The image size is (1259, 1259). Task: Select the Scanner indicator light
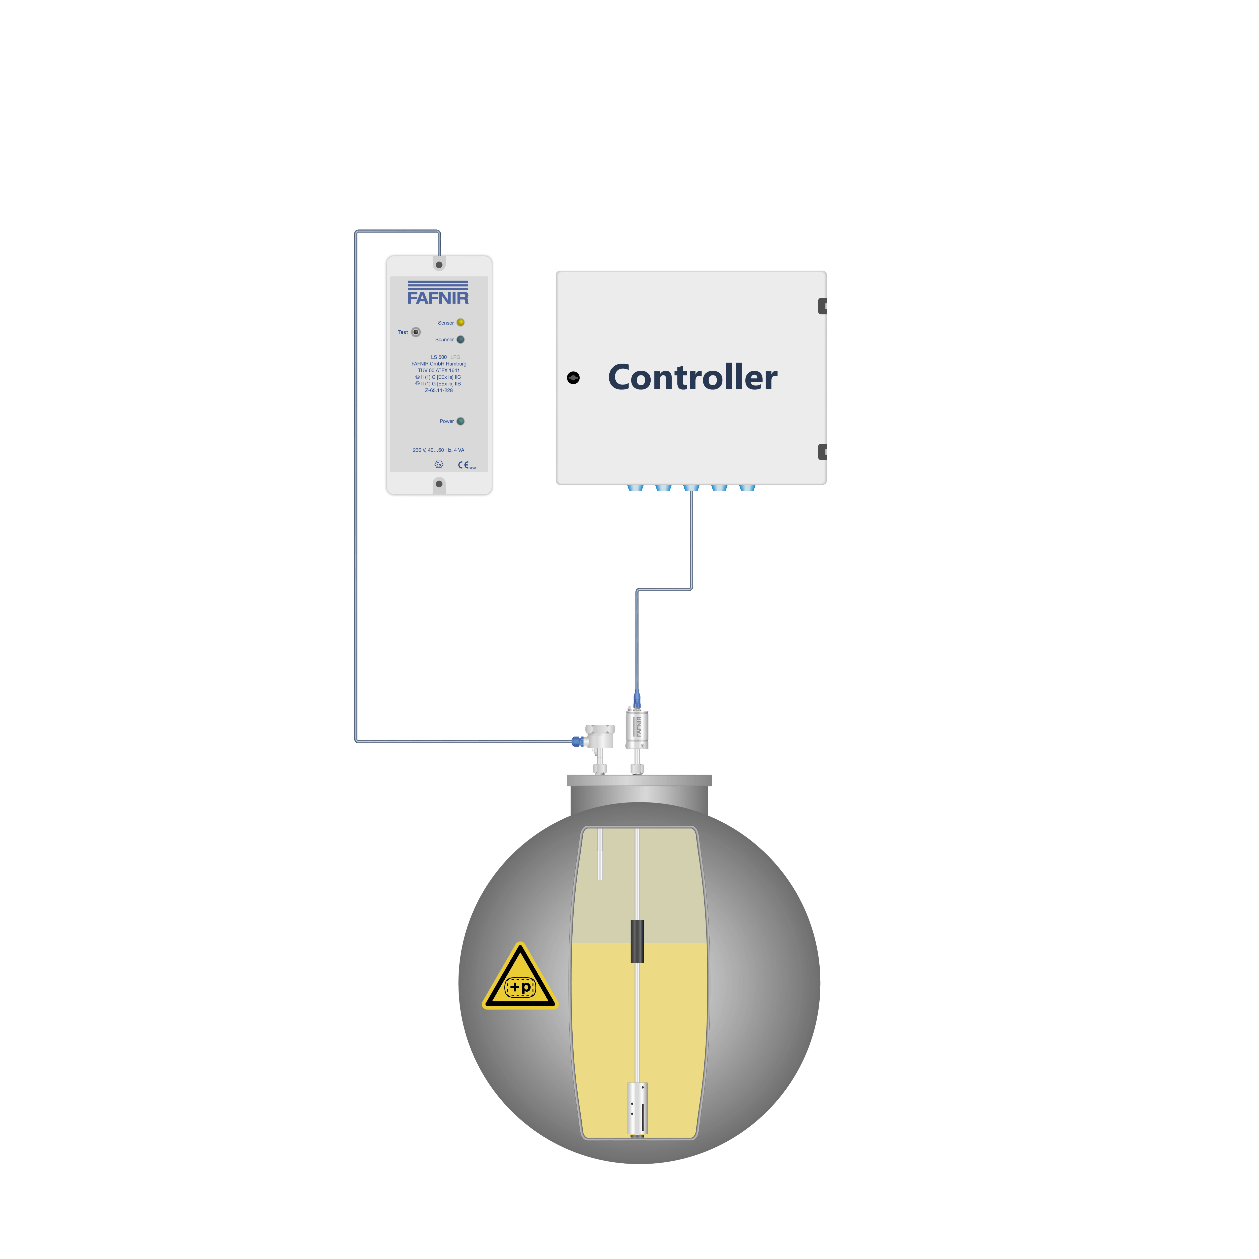click(x=461, y=339)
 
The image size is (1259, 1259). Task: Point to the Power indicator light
click(x=461, y=421)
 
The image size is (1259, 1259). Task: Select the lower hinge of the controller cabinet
click(x=822, y=451)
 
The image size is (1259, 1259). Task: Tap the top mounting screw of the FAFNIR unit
click(x=439, y=265)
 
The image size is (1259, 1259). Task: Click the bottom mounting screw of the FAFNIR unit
click(x=439, y=483)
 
